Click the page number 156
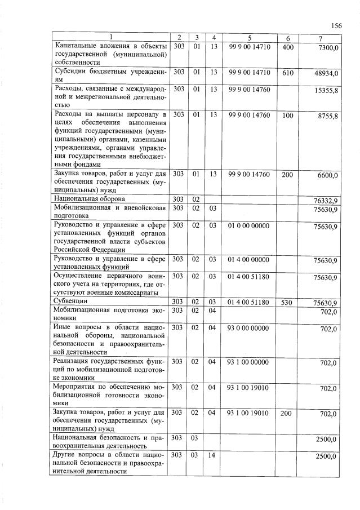(x=337, y=25)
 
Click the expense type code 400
(x=287, y=47)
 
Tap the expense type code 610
(x=287, y=72)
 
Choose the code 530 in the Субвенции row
(x=287, y=303)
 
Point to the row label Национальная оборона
(x=89, y=198)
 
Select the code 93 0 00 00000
(x=248, y=328)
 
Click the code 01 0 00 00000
(x=248, y=226)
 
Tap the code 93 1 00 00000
(x=248, y=362)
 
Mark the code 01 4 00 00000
(x=248, y=259)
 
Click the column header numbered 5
(x=248, y=38)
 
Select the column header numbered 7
(x=319, y=38)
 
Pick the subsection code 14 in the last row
(x=212, y=455)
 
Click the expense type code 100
(x=287, y=115)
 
